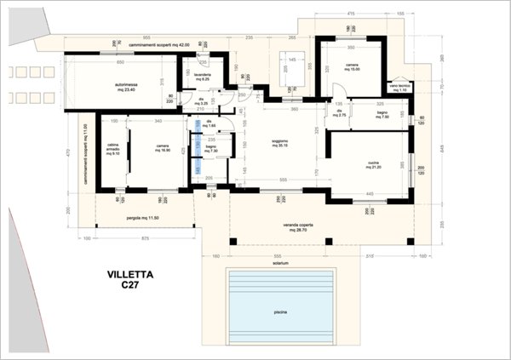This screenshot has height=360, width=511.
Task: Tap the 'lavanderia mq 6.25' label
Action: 203,77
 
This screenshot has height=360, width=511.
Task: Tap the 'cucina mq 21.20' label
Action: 371,165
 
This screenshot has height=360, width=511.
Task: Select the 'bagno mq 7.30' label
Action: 211,151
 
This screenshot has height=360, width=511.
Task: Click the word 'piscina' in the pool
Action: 280,314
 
